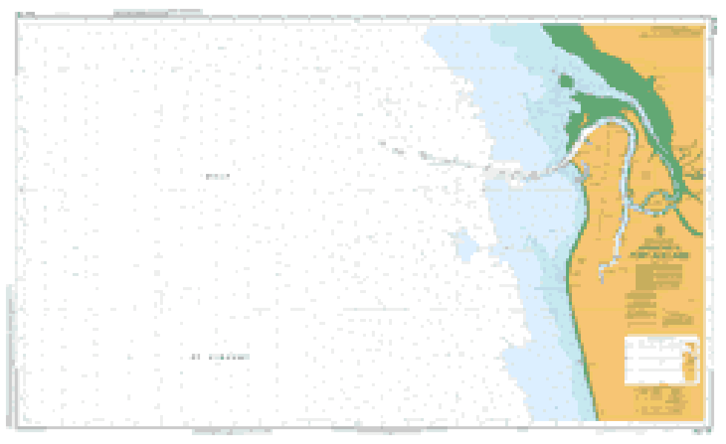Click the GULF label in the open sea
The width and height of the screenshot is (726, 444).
[217, 176]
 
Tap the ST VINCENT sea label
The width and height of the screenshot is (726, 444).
[220, 357]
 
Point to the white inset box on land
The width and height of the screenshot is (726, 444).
[661, 360]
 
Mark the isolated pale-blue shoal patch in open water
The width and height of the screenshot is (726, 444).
[464, 244]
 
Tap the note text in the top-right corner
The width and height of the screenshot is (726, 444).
[676, 32]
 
